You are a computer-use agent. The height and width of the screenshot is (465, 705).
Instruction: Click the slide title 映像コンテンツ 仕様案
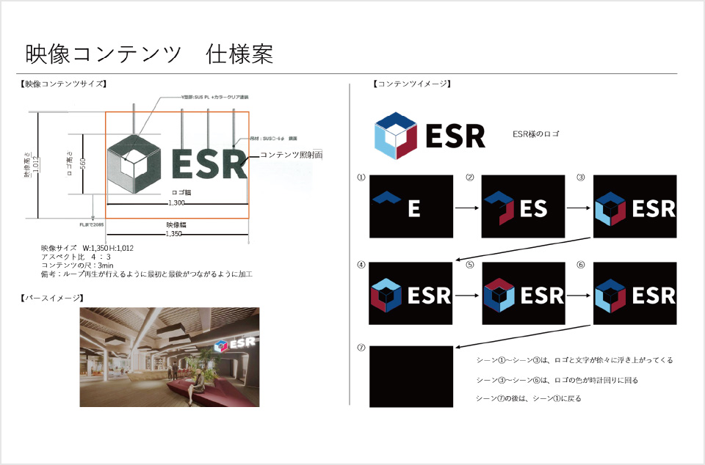pyautogui.click(x=150, y=54)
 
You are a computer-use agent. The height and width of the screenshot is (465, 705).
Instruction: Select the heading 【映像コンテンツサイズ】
pyautogui.click(x=63, y=84)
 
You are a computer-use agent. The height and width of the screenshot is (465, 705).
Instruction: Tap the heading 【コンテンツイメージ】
pyautogui.click(x=411, y=84)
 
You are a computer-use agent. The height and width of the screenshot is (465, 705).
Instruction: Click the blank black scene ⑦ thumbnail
pyautogui.click(x=411, y=376)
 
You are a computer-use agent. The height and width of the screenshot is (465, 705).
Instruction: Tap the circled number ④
pyautogui.click(x=361, y=265)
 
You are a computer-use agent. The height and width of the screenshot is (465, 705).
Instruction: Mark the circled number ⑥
pyautogui.click(x=580, y=265)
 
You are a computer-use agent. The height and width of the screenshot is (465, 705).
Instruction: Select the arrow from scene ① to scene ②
pyautogui.click(x=466, y=208)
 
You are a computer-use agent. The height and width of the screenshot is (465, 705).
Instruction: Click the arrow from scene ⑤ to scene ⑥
pyautogui.click(x=578, y=296)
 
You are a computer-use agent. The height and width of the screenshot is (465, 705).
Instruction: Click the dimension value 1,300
pyautogui.click(x=177, y=202)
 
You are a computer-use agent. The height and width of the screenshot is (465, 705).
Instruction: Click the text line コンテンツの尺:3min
pyautogui.click(x=78, y=265)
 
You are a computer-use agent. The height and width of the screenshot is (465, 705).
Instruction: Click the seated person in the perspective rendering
pyautogui.click(x=198, y=380)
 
